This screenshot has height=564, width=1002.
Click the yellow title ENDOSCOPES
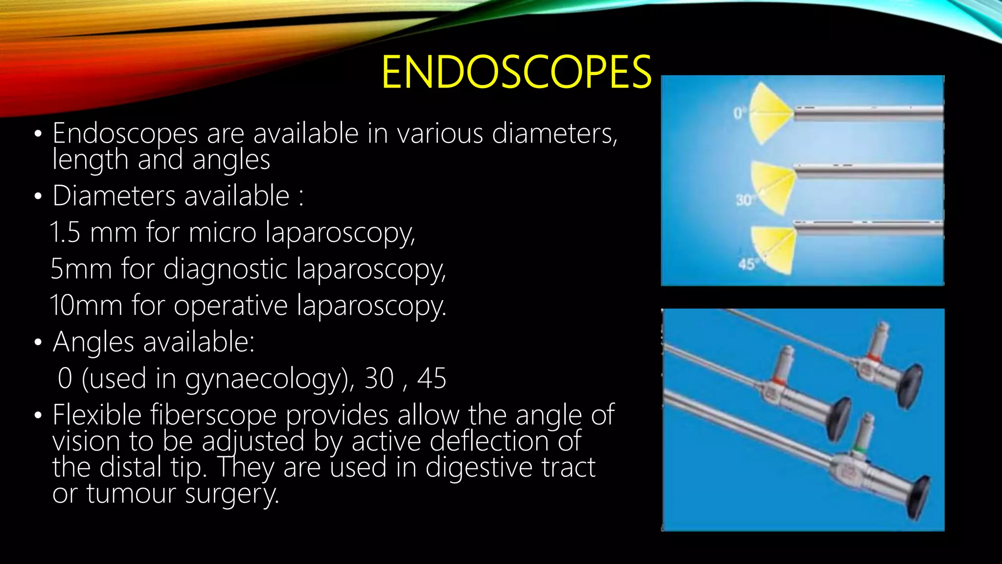point(516,72)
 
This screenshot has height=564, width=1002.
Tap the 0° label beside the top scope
point(739,114)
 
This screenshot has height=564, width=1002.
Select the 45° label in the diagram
point(748,264)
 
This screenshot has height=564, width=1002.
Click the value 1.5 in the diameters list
point(65,232)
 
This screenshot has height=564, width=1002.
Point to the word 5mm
point(81,269)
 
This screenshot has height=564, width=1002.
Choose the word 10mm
point(86,305)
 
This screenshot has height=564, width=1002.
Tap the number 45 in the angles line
point(431,378)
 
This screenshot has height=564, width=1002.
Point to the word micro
point(222,232)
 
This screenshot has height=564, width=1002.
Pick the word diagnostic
point(225,269)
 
